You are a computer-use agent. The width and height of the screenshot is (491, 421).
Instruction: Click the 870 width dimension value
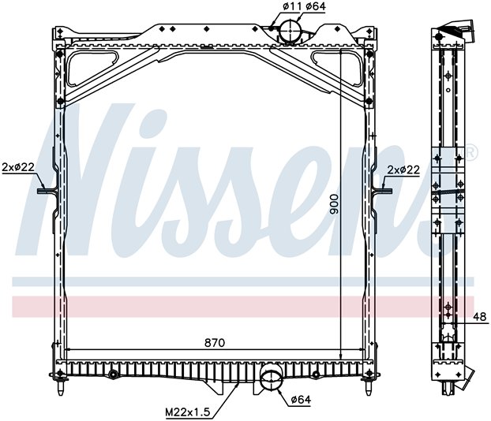click(215, 343)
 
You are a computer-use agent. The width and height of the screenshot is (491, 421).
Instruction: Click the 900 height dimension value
click(334, 204)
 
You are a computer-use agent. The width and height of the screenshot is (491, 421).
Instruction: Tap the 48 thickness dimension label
click(479, 317)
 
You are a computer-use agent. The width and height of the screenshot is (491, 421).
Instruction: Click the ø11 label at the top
click(290, 6)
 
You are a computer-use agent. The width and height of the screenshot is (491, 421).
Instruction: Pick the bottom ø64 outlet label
click(301, 400)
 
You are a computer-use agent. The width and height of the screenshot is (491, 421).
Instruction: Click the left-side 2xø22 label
click(18, 167)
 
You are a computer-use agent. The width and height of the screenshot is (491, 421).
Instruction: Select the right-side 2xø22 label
click(403, 170)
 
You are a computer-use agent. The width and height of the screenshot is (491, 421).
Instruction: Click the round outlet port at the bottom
click(271, 380)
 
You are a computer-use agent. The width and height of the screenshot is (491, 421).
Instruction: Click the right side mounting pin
click(382, 191)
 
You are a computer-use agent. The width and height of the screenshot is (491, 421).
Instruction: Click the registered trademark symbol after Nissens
click(470, 152)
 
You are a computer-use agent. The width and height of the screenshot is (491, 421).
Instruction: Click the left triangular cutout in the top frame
click(92, 68)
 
